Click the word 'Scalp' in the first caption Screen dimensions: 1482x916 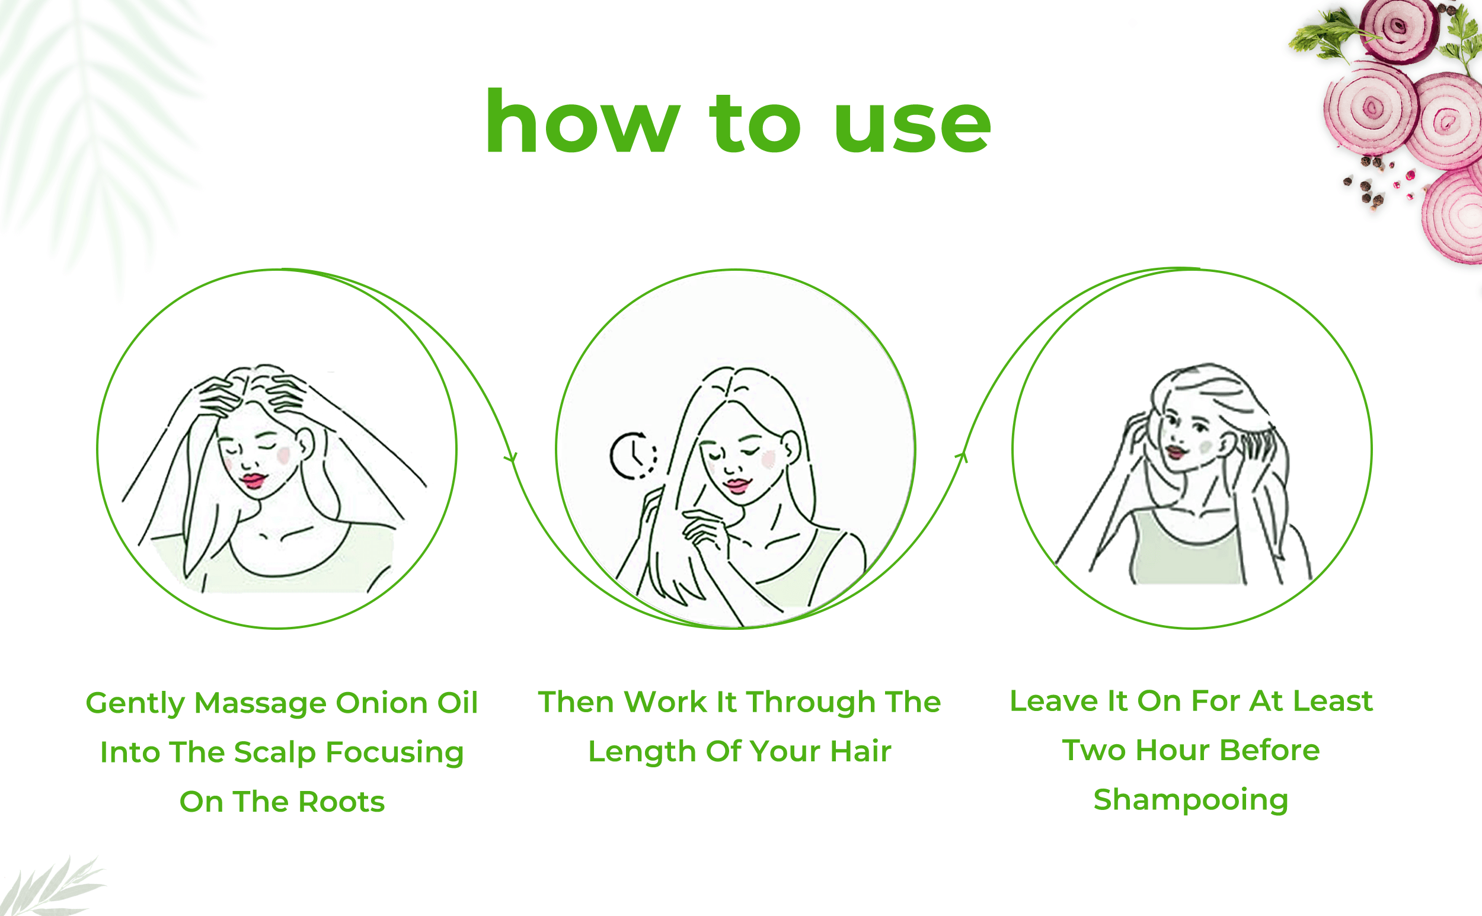[x=274, y=754]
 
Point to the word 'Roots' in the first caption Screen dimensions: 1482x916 [x=341, y=802]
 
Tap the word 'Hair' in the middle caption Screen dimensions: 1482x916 [x=860, y=752]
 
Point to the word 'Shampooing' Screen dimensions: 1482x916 [x=1191, y=801]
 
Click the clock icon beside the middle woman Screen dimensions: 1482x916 [x=633, y=456]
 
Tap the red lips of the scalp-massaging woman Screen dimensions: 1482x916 [x=253, y=481]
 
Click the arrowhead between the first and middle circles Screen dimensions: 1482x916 [x=512, y=457]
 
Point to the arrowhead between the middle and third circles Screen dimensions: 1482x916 [x=962, y=456]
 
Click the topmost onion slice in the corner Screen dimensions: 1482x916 [x=1399, y=29]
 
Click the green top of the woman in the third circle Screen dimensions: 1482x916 [x=1186, y=548]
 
